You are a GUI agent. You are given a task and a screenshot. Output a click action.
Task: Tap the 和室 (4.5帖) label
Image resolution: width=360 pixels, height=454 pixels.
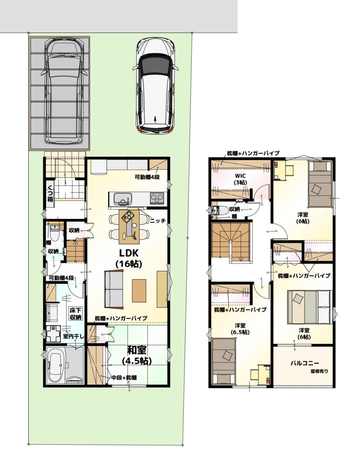click(137, 356)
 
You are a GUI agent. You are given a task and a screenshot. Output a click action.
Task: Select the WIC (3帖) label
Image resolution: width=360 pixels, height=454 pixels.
click(240, 179)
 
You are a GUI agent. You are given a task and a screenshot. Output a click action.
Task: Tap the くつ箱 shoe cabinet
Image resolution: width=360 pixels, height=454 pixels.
click(50, 193)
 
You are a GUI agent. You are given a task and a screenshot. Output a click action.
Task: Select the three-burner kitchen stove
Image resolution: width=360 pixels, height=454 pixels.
click(157, 198)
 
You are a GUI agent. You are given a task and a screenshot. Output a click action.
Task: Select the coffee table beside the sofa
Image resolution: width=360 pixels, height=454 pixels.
click(139, 290)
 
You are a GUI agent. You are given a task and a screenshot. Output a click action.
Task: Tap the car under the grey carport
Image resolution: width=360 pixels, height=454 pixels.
click(64, 91)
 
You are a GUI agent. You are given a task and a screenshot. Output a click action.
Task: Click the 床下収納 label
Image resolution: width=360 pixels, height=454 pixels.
click(76, 314)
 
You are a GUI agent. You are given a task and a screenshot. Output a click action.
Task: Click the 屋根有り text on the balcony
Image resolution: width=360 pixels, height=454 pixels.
click(319, 371)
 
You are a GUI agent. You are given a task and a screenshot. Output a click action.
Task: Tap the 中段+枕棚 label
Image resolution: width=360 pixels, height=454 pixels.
click(124, 378)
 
